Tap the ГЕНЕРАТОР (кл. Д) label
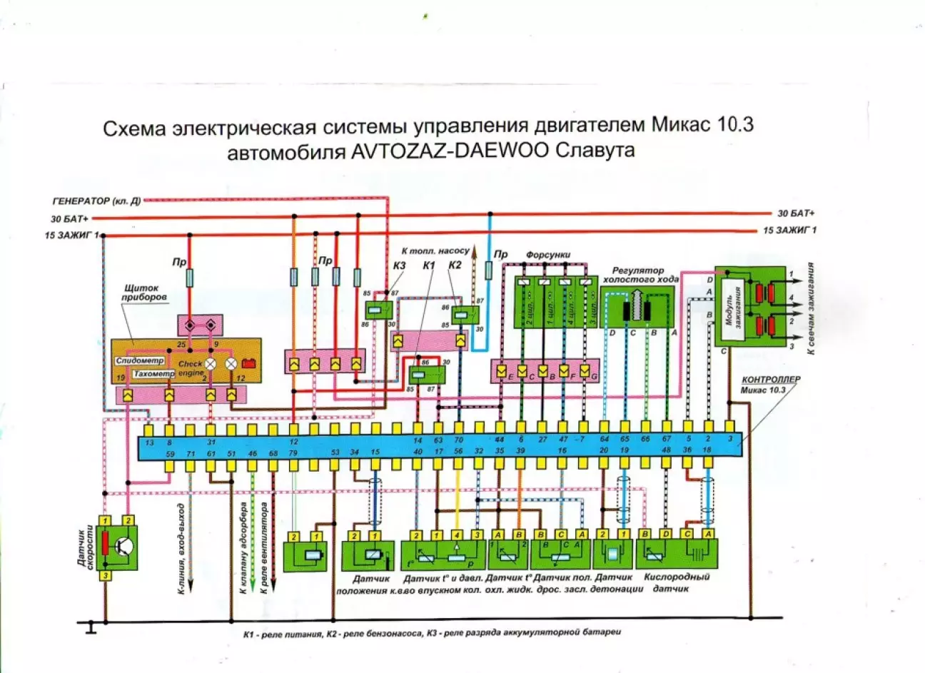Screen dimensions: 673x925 pos(96,201)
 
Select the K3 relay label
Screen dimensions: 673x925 pos(399,265)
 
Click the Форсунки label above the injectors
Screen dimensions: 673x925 pos(548,255)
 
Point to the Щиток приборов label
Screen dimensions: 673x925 pos(146,292)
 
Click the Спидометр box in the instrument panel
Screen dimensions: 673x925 pos(140,361)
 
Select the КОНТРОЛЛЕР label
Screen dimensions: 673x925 pos(771,380)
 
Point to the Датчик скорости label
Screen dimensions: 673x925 pos(85,549)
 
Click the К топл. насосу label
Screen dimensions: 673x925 pos(436,251)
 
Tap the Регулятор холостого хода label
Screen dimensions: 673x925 pos(641,275)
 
